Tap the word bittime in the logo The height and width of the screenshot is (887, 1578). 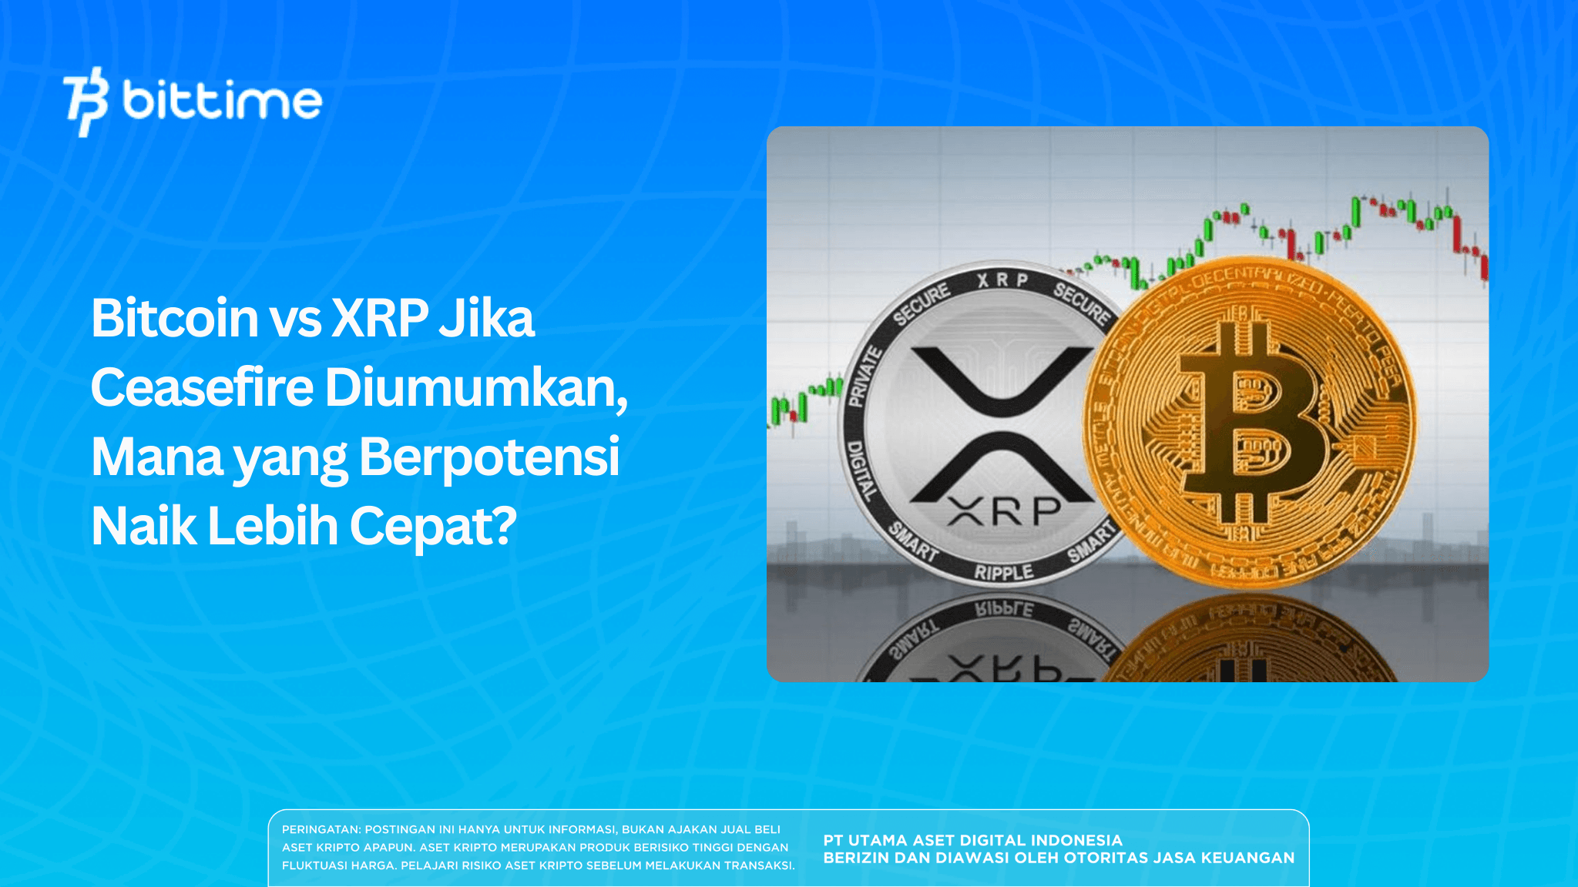(x=222, y=101)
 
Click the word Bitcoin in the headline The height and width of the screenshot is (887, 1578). (x=174, y=318)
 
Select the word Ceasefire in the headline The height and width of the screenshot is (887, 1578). (x=202, y=387)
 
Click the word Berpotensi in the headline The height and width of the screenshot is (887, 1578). (x=489, y=457)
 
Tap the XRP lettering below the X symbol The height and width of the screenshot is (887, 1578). (x=1004, y=510)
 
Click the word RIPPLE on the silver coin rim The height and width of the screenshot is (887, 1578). (x=1003, y=572)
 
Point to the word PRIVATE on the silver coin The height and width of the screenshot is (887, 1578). (x=865, y=377)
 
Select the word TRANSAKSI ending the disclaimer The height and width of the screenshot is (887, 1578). (x=758, y=865)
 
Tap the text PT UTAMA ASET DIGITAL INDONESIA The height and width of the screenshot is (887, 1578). (x=972, y=840)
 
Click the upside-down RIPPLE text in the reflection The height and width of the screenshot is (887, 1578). (x=1004, y=610)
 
